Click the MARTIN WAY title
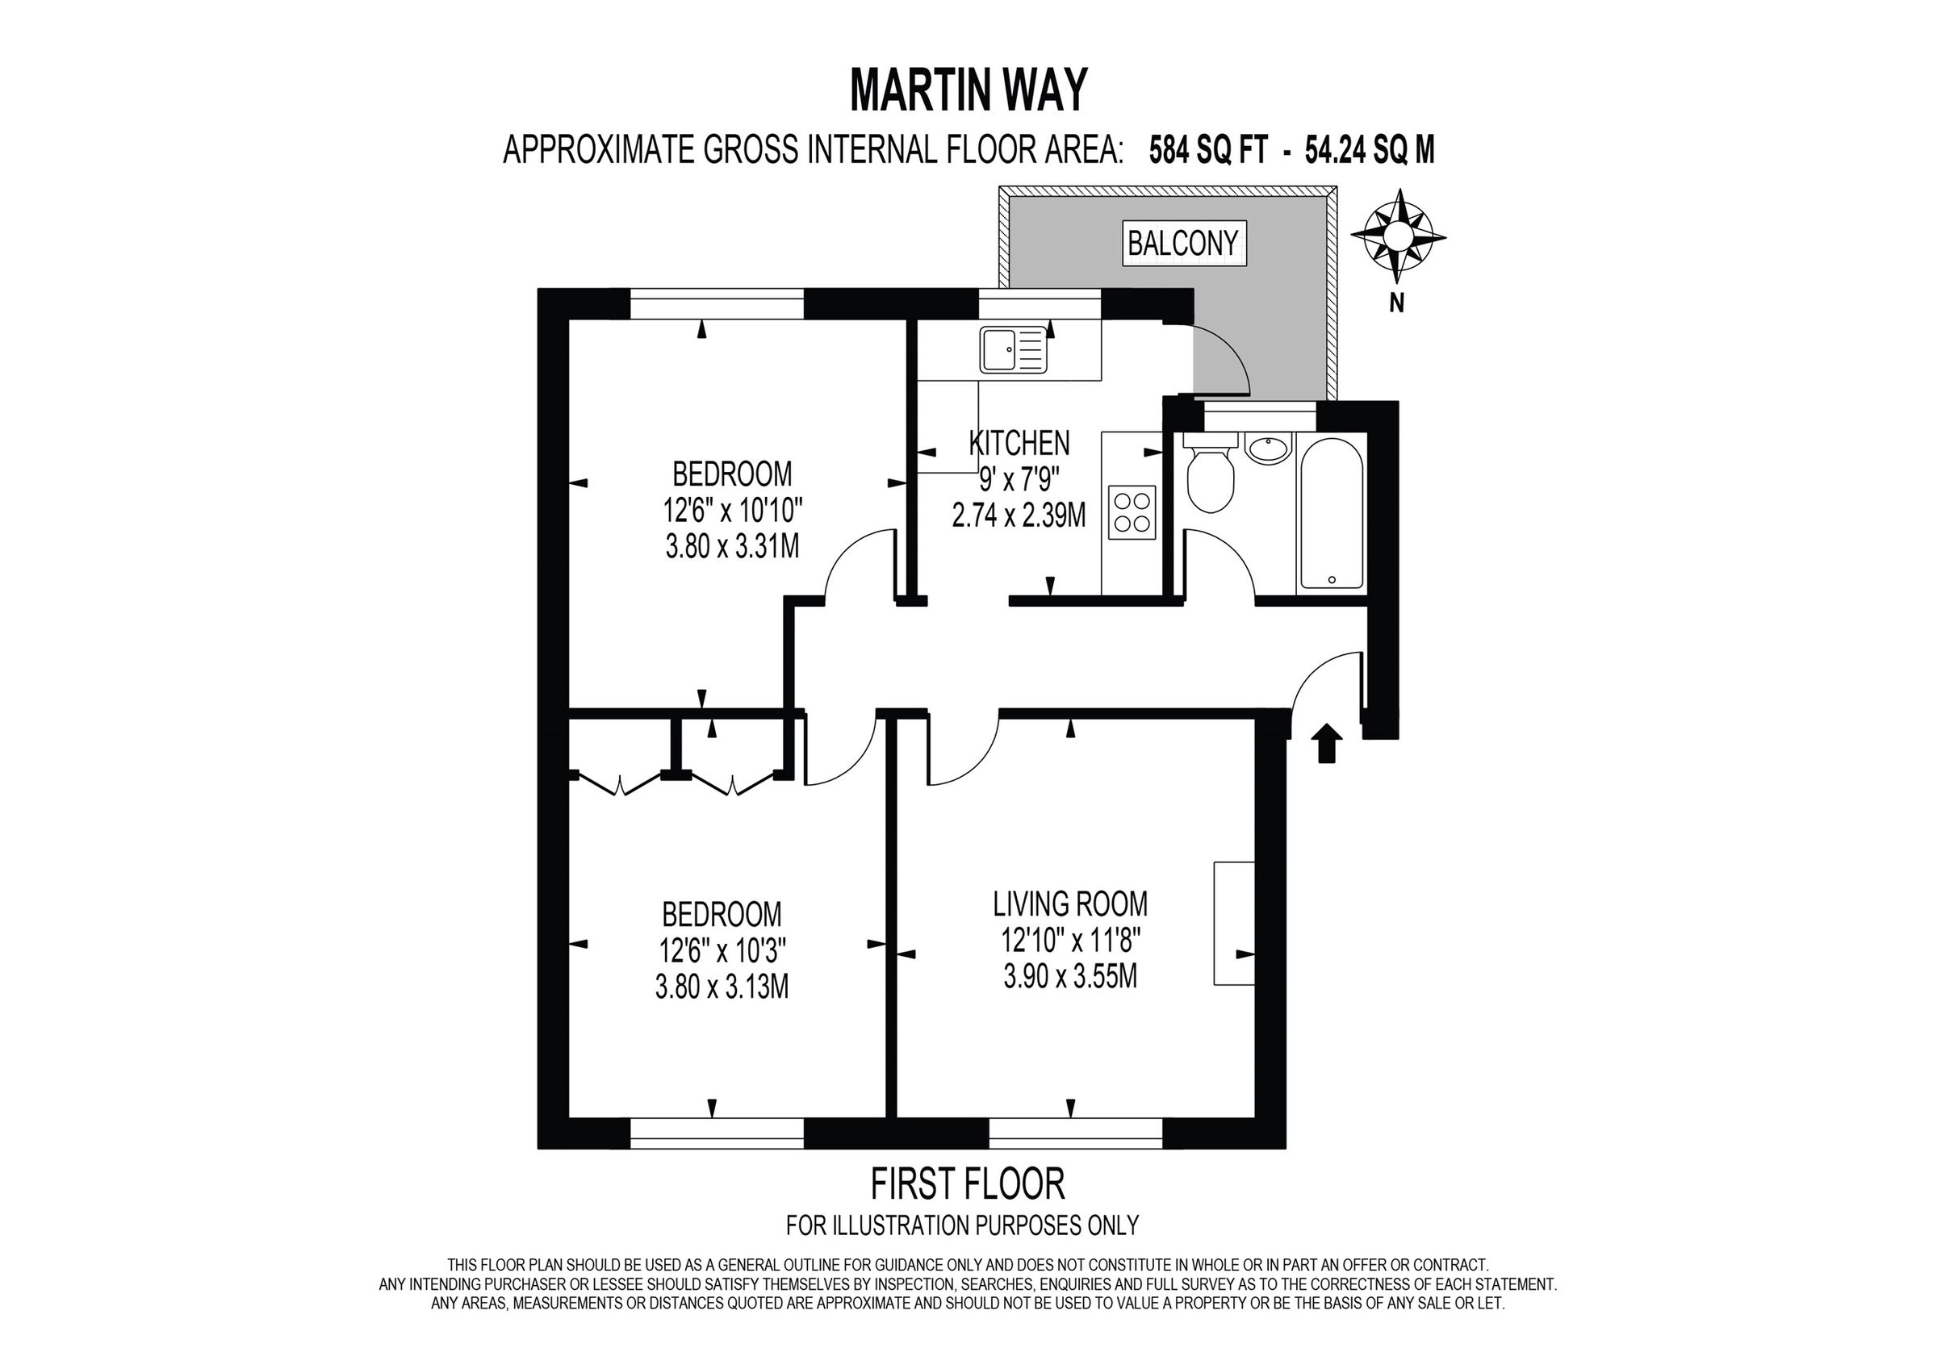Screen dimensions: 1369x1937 [968, 90]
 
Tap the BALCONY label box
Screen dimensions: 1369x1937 [1183, 243]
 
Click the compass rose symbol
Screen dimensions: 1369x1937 [1397, 236]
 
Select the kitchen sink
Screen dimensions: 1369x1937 [1013, 350]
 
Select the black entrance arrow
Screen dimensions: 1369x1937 [1328, 743]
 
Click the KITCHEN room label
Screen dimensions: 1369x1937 [1019, 443]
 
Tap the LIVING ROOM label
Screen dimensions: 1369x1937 [1069, 904]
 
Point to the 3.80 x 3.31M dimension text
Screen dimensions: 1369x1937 [731, 548]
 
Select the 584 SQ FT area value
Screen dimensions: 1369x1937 [1208, 151]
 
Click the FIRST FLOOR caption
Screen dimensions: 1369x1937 [967, 1184]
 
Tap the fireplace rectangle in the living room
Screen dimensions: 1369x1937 [1233, 923]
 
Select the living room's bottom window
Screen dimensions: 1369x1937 [1075, 1134]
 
